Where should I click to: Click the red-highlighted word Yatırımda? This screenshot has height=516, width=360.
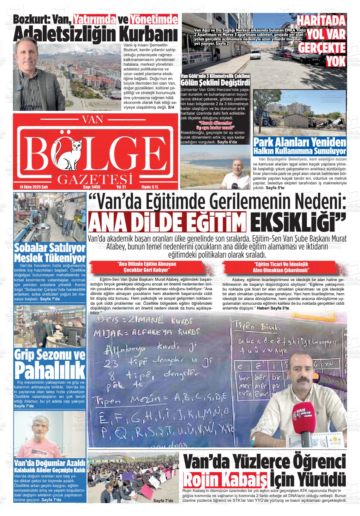pyautogui.click(x=94, y=20)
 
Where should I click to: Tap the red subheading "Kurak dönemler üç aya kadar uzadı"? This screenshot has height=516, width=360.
pyautogui.click(x=215, y=125)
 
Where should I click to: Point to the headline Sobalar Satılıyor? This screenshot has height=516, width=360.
pyautogui.click(x=50, y=247)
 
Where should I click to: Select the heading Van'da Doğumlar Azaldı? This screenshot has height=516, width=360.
pyautogui.click(x=50, y=463)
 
